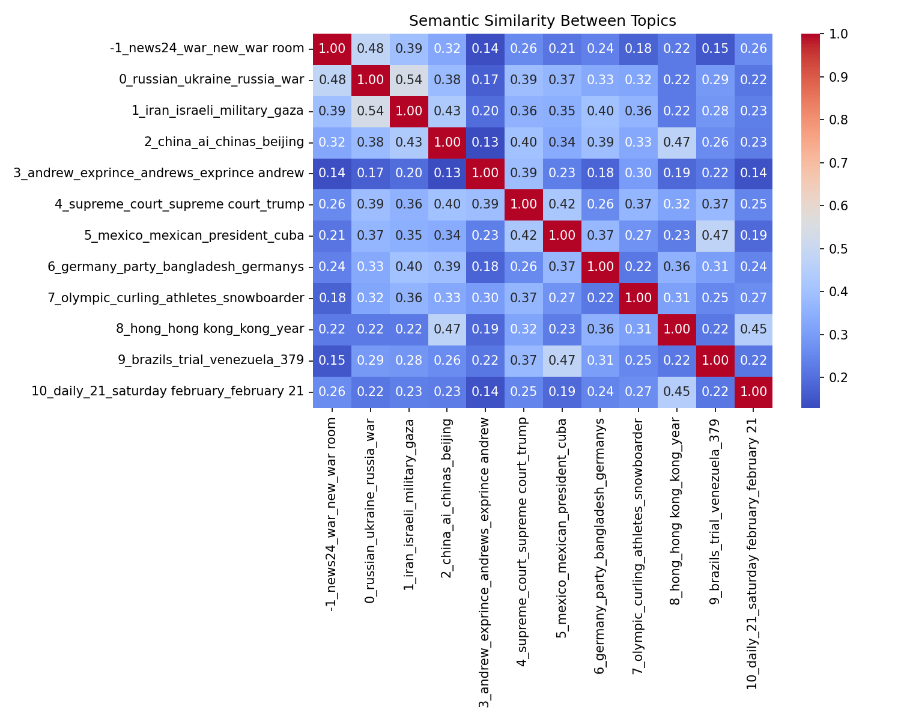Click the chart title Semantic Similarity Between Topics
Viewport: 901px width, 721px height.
(x=542, y=21)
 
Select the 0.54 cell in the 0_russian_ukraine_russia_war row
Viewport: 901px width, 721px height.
(x=408, y=80)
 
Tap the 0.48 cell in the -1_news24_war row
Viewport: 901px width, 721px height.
(x=371, y=49)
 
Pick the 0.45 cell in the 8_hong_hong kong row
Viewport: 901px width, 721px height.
(x=753, y=329)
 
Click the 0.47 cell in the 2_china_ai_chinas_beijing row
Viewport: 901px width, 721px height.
(x=676, y=142)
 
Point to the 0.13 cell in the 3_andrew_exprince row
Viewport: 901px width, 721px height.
(x=447, y=174)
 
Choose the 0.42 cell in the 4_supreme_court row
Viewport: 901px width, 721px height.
(x=562, y=205)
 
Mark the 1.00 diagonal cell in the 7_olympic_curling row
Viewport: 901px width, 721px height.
(x=638, y=298)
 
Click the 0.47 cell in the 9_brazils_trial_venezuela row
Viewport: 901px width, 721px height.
(x=562, y=360)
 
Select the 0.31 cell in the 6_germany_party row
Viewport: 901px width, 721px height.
(x=715, y=267)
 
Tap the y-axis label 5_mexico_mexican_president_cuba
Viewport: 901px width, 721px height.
(x=194, y=236)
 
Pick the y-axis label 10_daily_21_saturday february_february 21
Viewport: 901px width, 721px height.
(x=168, y=392)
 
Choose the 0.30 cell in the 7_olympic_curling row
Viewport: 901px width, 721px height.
(x=485, y=298)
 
